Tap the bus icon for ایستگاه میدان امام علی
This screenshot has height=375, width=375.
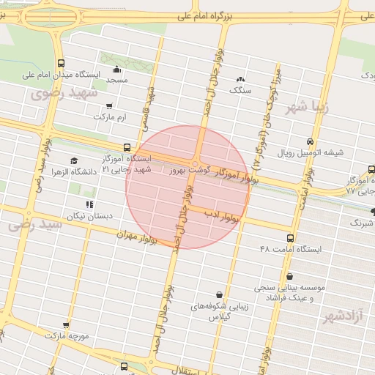(60, 63)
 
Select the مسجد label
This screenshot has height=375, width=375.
(116, 79)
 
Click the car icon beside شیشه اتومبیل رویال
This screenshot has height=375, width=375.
(311, 141)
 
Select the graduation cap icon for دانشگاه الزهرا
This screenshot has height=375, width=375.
(73, 161)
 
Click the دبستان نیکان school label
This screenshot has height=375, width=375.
(89, 216)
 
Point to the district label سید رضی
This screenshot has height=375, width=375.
(34, 226)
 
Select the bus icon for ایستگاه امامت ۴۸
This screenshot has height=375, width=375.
(291, 238)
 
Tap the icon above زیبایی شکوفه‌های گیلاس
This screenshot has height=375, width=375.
(219, 294)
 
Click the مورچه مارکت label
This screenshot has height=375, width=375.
(66, 335)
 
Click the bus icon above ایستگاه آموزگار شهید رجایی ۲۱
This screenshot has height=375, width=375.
(127, 147)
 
